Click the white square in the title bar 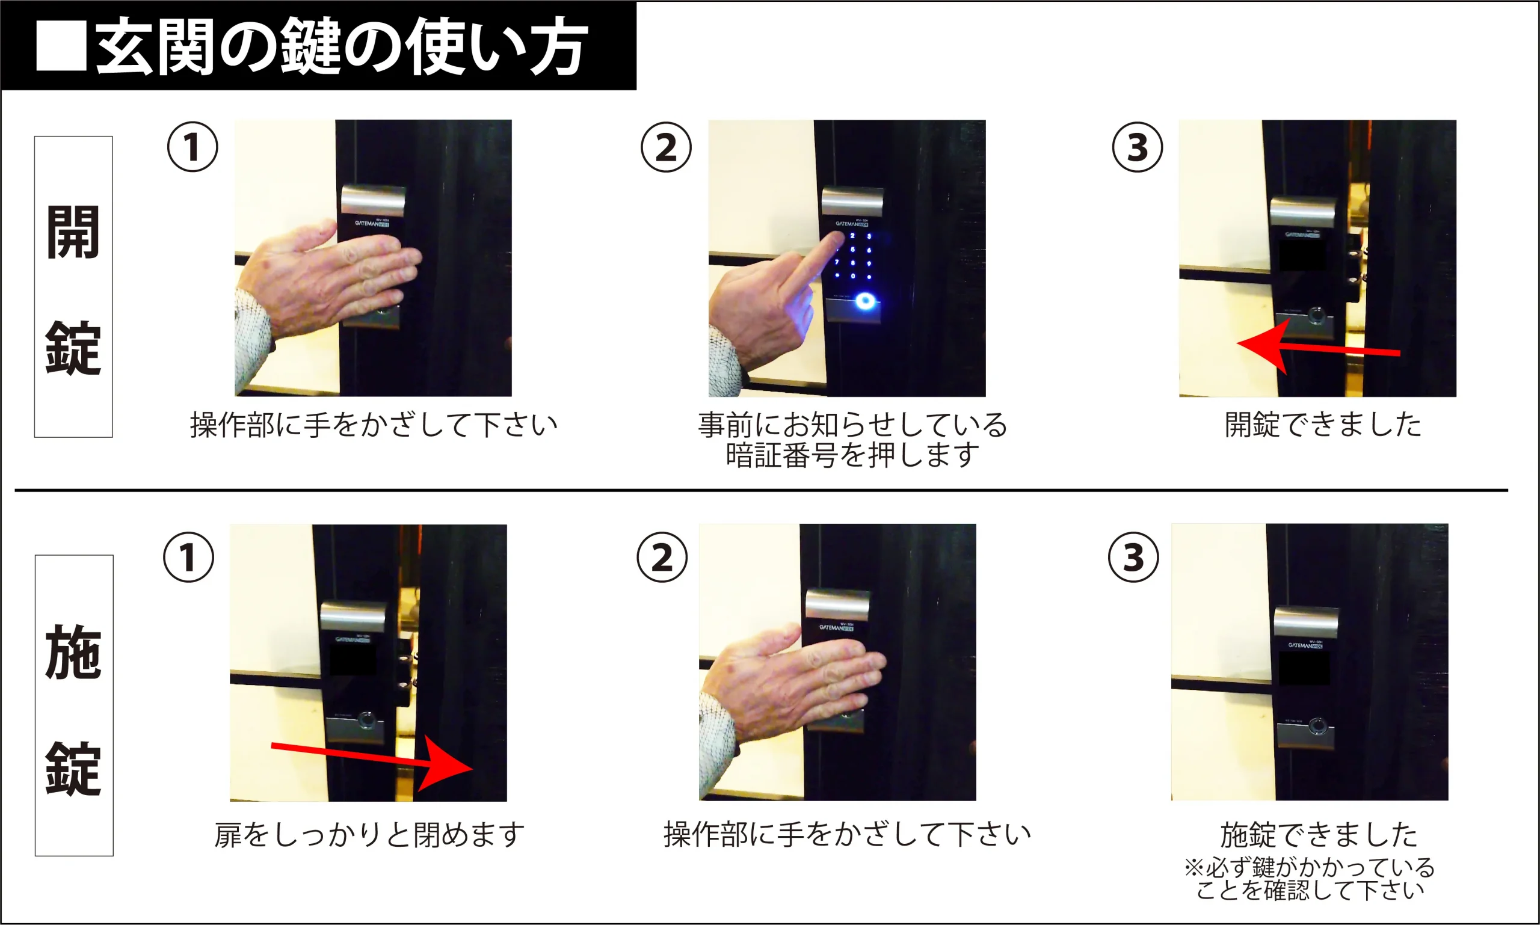tap(61, 46)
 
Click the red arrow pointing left tap(1319, 347)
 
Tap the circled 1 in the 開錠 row tap(192, 147)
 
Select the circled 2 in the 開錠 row tap(666, 147)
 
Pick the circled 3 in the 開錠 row tap(1137, 147)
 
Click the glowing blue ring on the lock tap(865, 302)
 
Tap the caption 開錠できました tap(1322, 425)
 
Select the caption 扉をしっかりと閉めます tap(369, 835)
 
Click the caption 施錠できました tap(1319, 835)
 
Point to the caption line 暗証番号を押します tap(852, 455)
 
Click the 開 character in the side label tap(73, 232)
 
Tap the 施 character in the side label tap(73, 652)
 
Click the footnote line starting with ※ tap(1310, 867)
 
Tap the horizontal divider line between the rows tap(761, 491)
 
